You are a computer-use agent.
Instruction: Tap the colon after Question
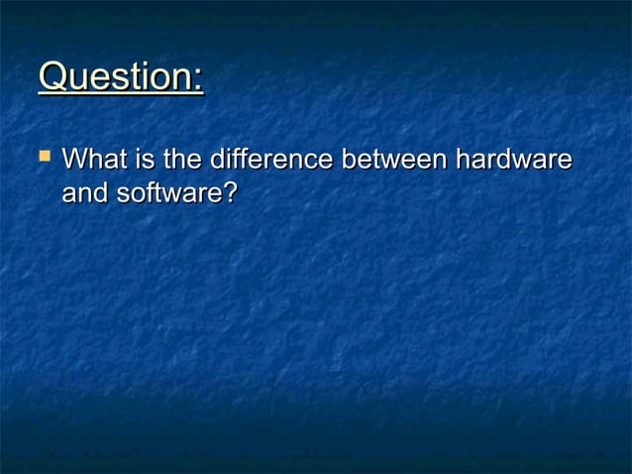coord(198,79)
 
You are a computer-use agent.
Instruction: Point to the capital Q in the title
coord(53,77)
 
